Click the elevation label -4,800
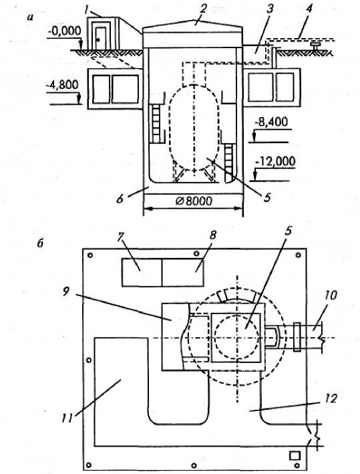[x=62, y=85]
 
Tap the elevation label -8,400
[x=271, y=122]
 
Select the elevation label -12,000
[x=275, y=161]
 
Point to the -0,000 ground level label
[x=64, y=31]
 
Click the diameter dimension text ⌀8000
[x=194, y=201]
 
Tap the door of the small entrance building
[x=100, y=38]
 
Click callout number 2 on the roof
[x=202, y=9]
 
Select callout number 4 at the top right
[x=309, y=9]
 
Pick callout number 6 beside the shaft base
[x=120, y=199]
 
